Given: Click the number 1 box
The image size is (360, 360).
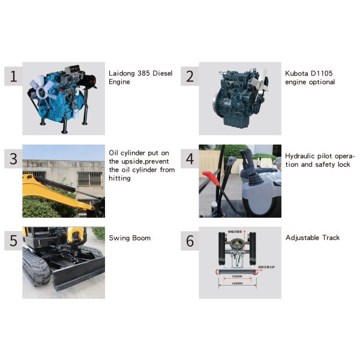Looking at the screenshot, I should (13, 76).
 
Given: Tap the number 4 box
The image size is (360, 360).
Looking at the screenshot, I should (190, 159).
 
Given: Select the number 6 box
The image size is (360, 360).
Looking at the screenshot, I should (190, 241).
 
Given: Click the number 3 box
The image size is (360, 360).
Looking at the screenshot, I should (13, 159).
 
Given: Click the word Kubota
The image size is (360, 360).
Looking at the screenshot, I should (297, 73).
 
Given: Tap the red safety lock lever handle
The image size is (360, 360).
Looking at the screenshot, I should (210, 176).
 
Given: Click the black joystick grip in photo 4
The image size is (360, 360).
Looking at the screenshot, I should (245, 157).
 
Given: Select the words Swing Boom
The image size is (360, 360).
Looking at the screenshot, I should (130, 238).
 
